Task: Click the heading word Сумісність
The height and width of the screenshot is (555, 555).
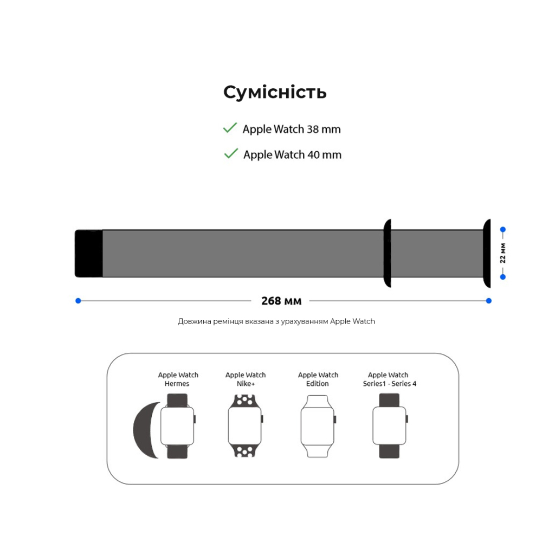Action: (x=275, y=92)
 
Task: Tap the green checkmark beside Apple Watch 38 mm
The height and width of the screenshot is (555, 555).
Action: (x=230, y=128)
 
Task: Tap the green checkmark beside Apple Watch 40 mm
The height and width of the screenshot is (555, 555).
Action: (x=231, y=153)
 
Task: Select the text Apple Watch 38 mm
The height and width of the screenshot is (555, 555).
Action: (x=292, y=130)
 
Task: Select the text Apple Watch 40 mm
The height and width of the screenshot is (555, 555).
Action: (x=292, y=155)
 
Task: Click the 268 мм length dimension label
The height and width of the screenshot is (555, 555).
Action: (x=281, y=301)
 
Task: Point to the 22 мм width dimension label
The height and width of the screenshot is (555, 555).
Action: (x=503, y=253)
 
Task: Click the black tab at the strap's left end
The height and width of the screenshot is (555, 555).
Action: (x=88, y=253)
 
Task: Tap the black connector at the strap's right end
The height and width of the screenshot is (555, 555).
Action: (x=487, y=253)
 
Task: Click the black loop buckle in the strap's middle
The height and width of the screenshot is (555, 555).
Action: (x=387, y=253)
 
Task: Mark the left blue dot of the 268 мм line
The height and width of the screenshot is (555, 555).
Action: (x=78, y=300)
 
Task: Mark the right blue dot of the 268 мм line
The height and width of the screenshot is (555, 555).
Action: (x=489, y=300)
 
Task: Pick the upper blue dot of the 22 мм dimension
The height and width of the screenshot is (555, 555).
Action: (x=503, y=229)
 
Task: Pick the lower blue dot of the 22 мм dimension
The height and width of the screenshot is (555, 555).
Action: (x=503, y=277)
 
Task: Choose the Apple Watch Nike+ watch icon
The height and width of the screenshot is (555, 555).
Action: (x=245, y=426)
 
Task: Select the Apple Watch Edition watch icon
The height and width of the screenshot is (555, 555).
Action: (x=318, y=426)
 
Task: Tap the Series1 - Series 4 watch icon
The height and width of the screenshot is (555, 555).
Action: (x=389, y=426)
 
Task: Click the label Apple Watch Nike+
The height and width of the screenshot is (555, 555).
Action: (x=246, y=379)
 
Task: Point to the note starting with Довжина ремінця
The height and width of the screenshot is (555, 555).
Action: (x=276, y=321)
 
